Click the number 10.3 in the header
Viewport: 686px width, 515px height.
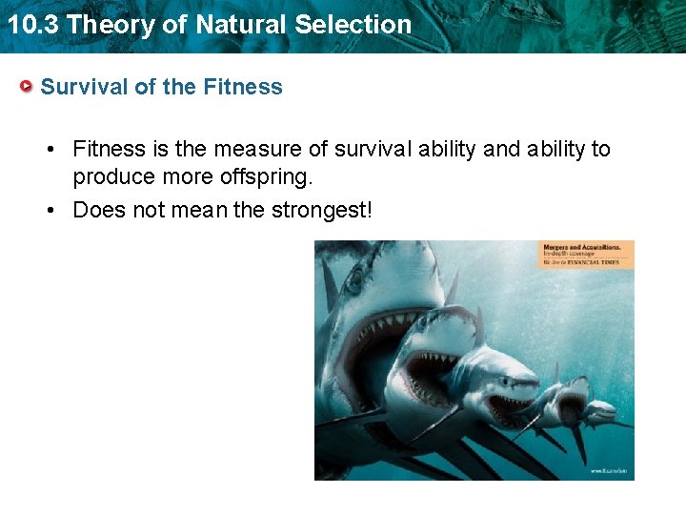point(33,24)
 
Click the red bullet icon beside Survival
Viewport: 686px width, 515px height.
point(28,87)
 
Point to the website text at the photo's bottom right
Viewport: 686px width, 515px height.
point(607,471)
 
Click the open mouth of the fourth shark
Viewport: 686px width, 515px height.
point(571,406)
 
